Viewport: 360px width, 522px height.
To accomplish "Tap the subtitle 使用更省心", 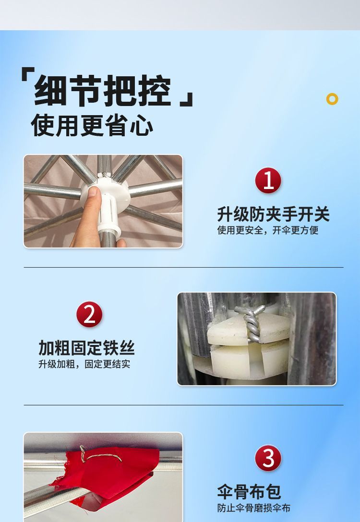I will point(92,125).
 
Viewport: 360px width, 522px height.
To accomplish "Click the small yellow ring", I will point(332,99).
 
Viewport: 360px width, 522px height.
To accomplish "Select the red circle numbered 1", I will point(268,180).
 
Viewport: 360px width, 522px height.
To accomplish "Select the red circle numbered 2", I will point(89,315).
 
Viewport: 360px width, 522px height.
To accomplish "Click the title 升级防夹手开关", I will point(273,214).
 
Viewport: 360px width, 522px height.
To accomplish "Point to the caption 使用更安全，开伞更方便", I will point(267,231).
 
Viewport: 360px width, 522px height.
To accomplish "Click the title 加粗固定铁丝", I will point(86,348).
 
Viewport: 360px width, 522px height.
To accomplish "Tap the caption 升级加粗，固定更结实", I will point(84,365).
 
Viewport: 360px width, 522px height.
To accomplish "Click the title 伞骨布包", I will point(249,491).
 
